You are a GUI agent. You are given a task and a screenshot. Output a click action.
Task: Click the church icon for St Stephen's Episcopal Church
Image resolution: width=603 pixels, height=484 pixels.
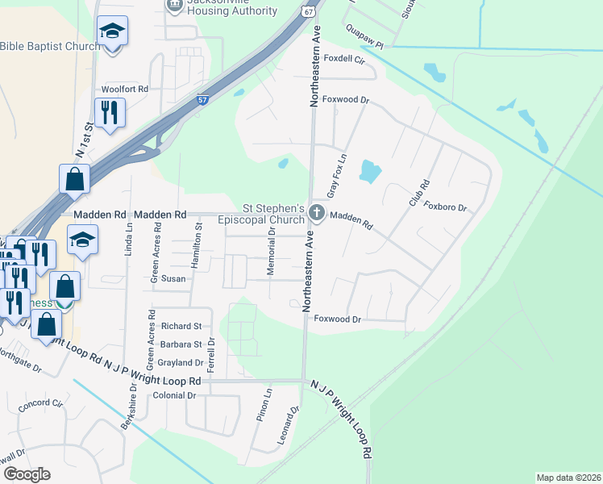317,214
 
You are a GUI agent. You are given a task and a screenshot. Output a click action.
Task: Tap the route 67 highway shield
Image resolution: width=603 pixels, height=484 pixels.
309,12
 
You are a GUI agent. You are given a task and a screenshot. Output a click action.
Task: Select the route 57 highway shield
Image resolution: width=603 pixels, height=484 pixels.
203,99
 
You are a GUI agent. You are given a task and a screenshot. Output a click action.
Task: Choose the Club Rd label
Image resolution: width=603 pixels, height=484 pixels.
418,192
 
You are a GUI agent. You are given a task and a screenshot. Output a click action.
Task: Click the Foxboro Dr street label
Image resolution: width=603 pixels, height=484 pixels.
446,207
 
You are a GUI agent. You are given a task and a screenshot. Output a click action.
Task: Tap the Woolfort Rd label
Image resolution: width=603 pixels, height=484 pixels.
125,89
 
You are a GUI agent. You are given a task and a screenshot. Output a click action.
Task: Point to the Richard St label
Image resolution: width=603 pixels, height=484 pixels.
181,327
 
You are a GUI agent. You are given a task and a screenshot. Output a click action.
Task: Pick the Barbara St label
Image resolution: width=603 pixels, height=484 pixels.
181,344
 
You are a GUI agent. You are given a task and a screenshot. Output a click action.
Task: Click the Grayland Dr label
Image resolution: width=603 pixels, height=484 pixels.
180,363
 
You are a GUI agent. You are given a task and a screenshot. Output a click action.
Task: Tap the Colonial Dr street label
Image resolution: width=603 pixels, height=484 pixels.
174,395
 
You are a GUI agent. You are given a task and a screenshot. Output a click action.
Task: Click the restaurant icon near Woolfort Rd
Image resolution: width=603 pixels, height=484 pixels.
110,112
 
